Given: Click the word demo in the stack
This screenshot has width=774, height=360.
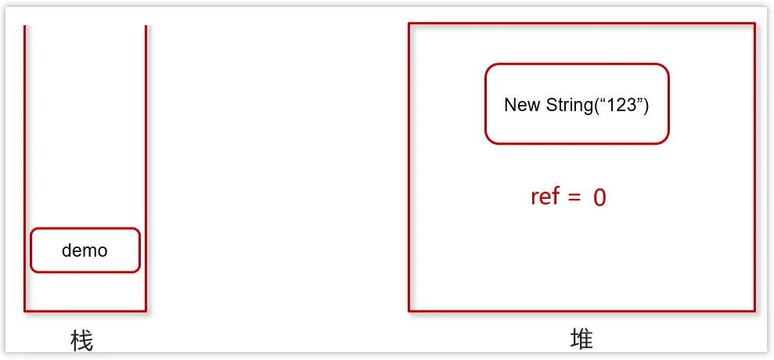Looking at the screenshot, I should coord(85,251).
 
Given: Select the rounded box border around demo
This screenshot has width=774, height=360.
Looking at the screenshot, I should coord(85,229).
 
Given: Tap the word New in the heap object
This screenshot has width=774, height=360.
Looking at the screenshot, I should coord(520,105).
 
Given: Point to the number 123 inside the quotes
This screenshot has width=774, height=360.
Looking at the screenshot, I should coord(622,105).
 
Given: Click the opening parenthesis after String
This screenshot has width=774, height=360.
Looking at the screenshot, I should coord(596,105).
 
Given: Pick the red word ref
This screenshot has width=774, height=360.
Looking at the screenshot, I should coord(545,196).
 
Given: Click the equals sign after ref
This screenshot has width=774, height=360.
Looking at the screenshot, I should coord(574,197).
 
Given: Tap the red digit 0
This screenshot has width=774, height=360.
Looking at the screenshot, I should coord(599,197).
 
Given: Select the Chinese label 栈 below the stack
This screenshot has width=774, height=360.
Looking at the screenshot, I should coord(81,340).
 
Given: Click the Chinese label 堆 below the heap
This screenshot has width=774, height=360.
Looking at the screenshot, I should coord(581,339).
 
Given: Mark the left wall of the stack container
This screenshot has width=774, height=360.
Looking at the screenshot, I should coord(25,157).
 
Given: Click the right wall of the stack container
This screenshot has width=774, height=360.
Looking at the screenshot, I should coord(146,157).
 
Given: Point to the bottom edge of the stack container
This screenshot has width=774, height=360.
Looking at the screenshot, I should coord(85,311).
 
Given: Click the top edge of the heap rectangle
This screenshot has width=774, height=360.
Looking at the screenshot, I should coord(581,23).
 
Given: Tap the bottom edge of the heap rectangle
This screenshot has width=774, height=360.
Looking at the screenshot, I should coord(581,311).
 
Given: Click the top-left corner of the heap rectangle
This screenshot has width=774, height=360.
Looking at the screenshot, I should coord(409,23).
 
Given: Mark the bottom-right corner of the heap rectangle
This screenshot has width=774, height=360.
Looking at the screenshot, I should coord(754,311).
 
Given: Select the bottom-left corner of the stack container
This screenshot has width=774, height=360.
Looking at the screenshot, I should coord(25,311).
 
